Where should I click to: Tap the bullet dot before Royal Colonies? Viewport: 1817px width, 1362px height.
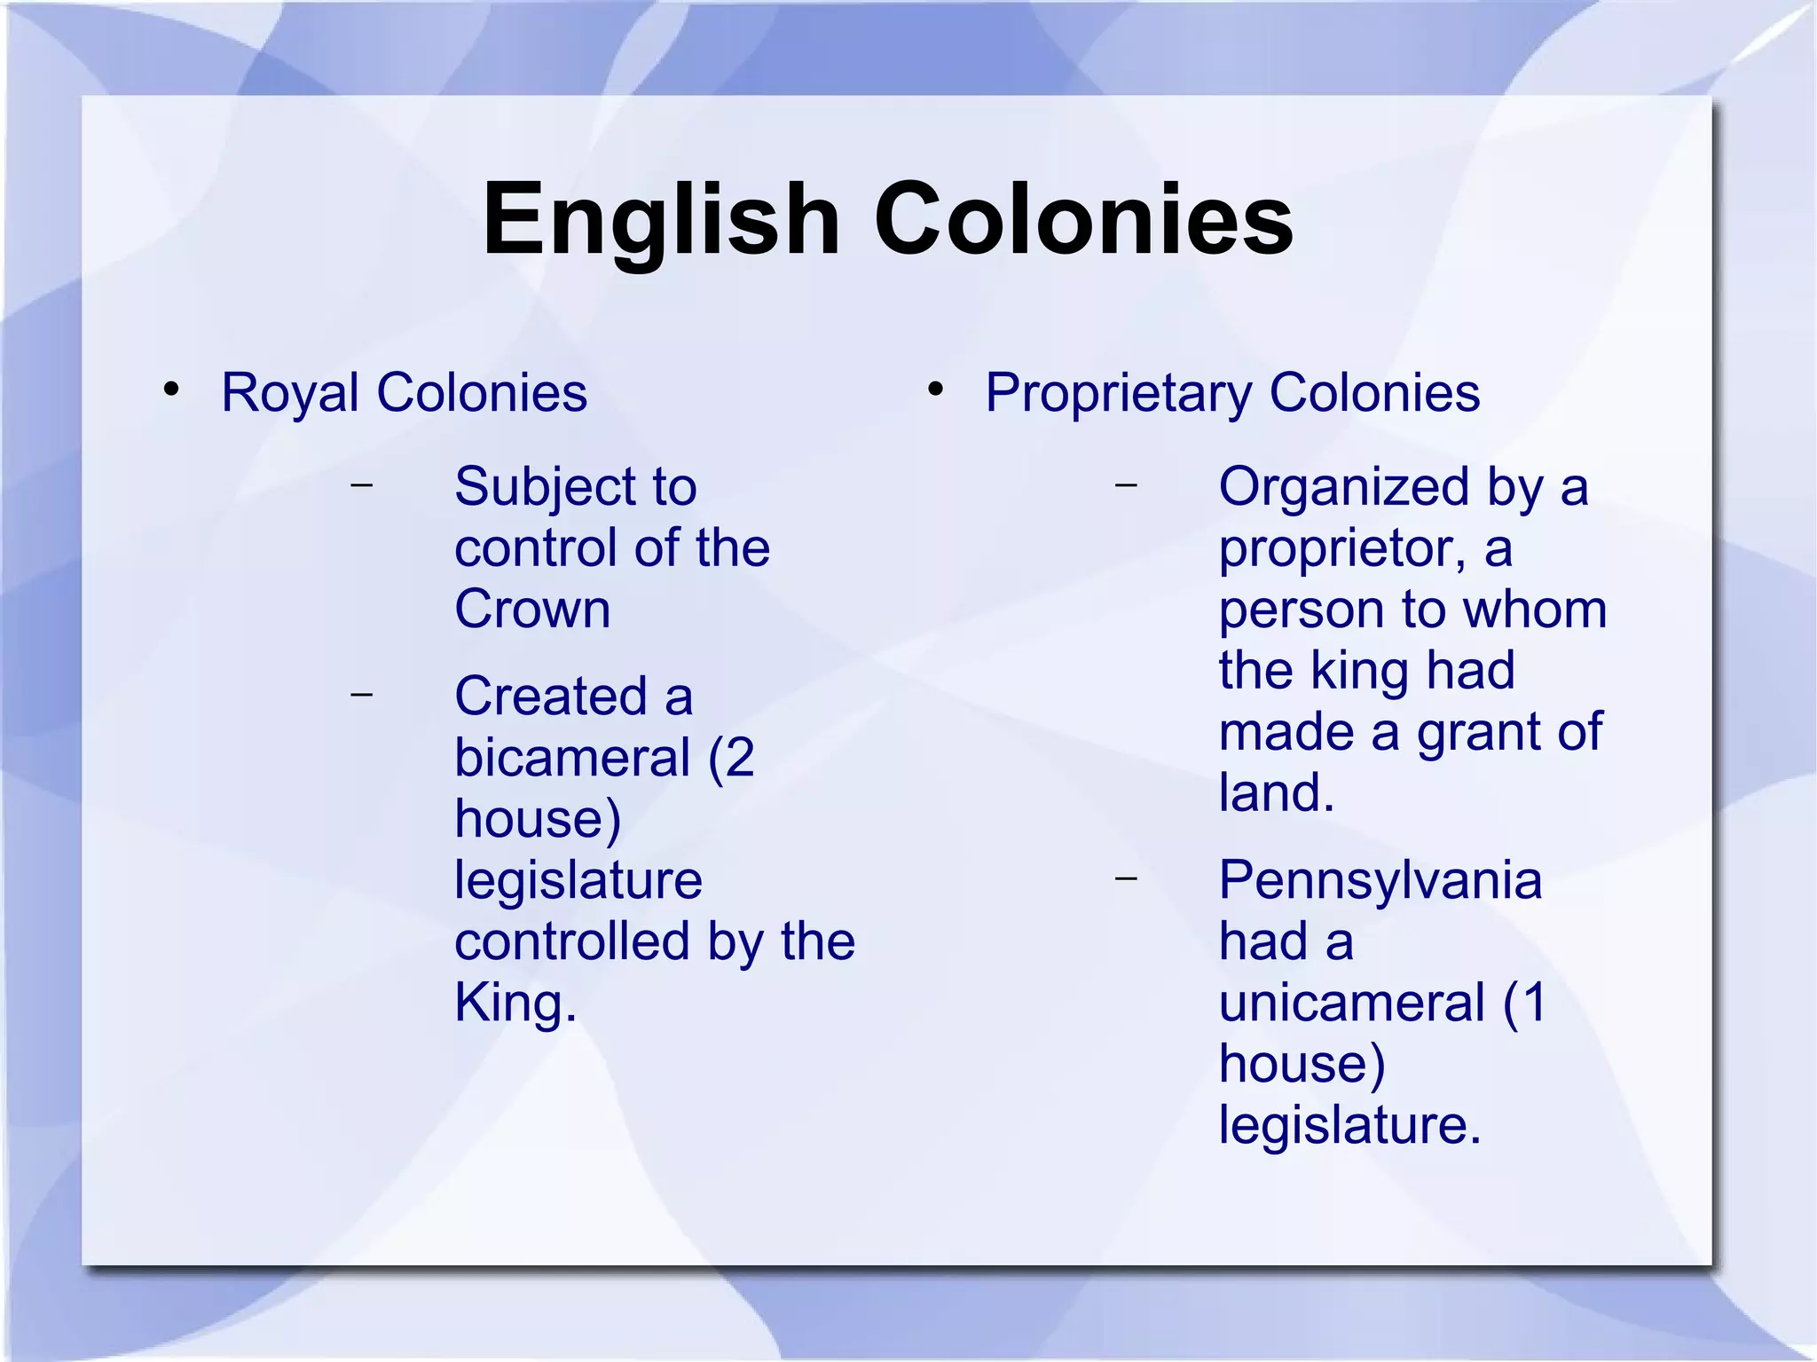[171, 389]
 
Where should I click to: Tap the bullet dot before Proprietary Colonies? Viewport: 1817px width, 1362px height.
[935, 389]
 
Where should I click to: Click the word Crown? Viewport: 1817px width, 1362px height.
[532, 610]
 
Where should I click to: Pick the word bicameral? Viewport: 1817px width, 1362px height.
[572, 759]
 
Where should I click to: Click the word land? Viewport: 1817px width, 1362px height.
[1269, 792]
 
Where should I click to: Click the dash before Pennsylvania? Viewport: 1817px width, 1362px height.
[1126, 878]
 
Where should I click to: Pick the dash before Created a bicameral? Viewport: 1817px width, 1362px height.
[361, 694]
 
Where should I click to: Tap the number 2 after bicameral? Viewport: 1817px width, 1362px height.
[739, 759]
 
